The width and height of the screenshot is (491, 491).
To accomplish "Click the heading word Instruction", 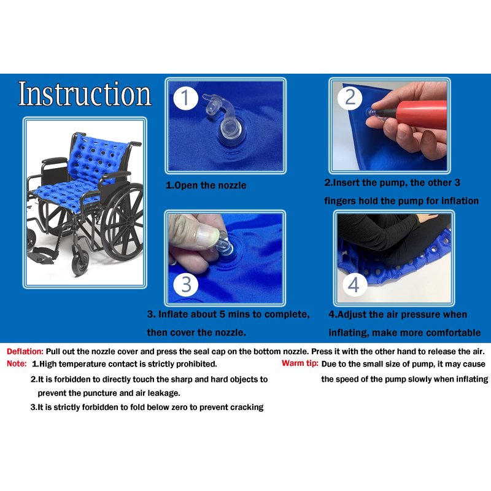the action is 85,94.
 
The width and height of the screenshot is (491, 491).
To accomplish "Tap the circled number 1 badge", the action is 185,98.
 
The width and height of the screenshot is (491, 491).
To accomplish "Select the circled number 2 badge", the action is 350,98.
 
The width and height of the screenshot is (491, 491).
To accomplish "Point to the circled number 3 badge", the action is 186,285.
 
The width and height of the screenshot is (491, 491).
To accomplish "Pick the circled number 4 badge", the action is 354,285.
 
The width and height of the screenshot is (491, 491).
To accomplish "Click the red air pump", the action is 420,114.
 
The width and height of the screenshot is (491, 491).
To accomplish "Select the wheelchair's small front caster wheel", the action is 80,264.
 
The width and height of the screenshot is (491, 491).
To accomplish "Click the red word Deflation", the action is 25,352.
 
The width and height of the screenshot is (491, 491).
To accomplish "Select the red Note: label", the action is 17,364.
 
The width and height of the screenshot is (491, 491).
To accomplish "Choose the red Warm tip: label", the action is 300,363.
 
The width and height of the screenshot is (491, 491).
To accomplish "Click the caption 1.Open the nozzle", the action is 206,185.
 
